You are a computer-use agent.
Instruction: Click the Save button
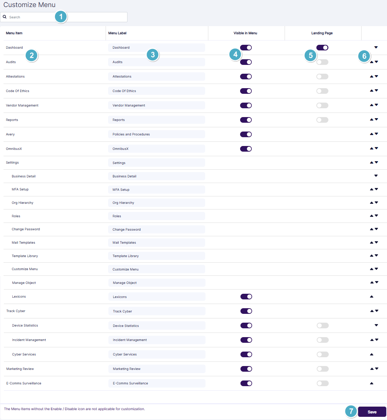pos(372,412)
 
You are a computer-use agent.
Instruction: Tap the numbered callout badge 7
pos(351,411)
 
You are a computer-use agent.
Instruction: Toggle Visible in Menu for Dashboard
pos(246,48)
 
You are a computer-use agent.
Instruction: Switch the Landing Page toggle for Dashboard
pos(322,48)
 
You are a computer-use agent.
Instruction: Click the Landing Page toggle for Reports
pos(322,120)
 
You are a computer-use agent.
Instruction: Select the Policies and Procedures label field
pos(156,134)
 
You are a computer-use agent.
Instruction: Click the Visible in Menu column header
pos(245,33)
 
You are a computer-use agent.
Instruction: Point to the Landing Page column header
pos(322,33)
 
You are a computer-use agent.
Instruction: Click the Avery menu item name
pos(10,134)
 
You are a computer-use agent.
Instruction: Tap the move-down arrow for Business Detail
pos(376,176)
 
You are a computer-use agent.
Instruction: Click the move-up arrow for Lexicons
pos(371,297)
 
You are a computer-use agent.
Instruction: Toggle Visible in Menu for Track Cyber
pos(246,311)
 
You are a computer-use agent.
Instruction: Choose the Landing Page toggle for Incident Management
pos(322,340)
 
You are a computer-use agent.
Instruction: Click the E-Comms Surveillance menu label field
pos(157,383)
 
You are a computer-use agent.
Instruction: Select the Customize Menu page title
pos(29,5)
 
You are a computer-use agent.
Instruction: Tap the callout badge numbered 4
pos(236,54)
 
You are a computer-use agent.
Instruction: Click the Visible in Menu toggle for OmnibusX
pos(246,149)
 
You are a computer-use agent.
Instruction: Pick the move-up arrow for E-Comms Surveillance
pos(371,383)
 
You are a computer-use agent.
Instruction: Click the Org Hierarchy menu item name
pos(23,203)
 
